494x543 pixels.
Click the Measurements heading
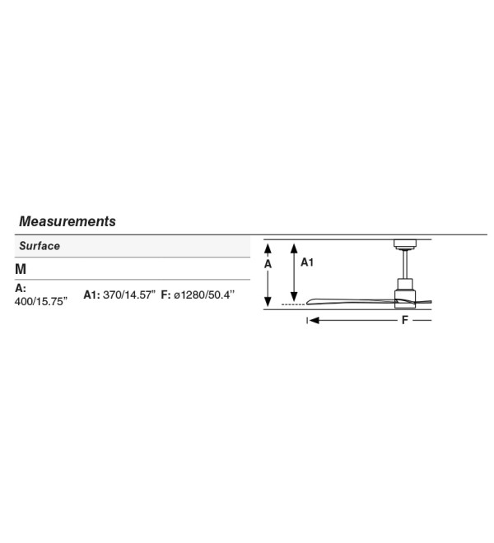[68, 221]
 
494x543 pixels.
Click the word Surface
[40, 246]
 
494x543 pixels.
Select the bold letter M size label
[21, 269]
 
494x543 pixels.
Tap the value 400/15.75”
[41, 302]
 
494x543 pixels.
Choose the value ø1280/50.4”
[204, 295]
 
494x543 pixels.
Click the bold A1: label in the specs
[92, 295]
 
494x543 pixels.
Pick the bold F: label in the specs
[165, 295]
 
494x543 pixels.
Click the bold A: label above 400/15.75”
[21, 288]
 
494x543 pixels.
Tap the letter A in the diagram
[268, 264]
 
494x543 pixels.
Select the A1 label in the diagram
[307, 262]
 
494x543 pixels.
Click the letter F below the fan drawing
[404, 320]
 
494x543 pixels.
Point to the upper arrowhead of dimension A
[268, 248]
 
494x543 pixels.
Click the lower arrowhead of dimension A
[268, 301]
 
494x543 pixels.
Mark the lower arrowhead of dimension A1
[294, 296]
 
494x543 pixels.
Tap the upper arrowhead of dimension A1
[294, 248]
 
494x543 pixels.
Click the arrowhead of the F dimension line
[314, 320]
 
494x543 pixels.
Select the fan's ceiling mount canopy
[404, 244]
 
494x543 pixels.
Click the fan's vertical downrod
[404, 265]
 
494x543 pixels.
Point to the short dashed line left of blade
[293, 304]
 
